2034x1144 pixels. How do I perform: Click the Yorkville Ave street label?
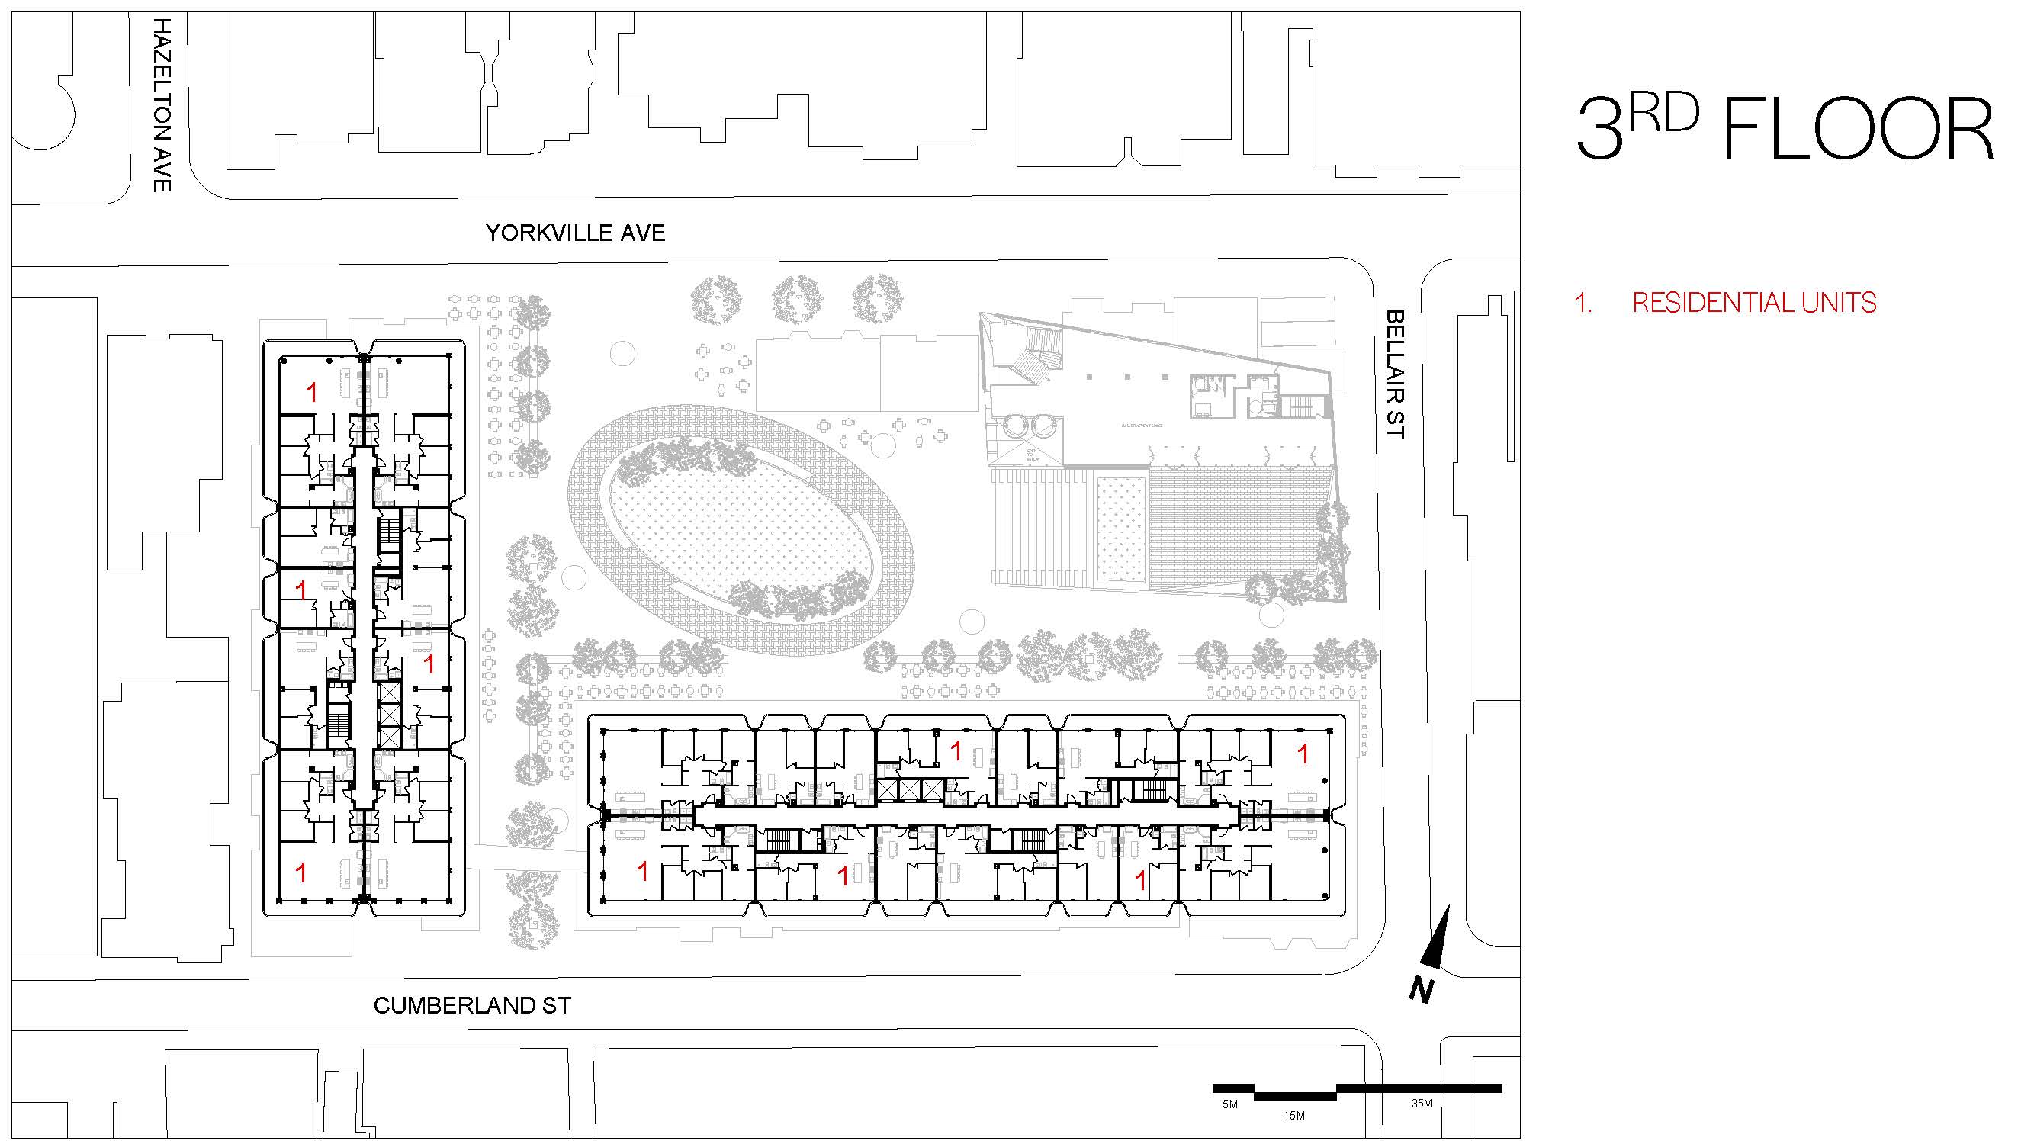coord(575,233)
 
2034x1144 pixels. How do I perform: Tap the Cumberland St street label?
coord(471,1005)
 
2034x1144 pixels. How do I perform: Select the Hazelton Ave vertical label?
coord(161,104)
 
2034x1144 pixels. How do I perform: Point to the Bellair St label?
coord(1395,374)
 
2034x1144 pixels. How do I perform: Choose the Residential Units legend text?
coord(1753,302)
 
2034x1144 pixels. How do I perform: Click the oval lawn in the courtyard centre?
coord(741,543)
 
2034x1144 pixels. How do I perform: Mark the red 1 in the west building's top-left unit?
coord(312,391)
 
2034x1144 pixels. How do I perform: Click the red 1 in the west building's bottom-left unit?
coord(300,872)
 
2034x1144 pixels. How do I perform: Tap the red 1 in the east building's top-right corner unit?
coord(1303,754)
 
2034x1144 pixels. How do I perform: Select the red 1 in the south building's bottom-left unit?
coord(643,872)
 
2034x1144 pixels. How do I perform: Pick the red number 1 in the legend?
coord(1583,302)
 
